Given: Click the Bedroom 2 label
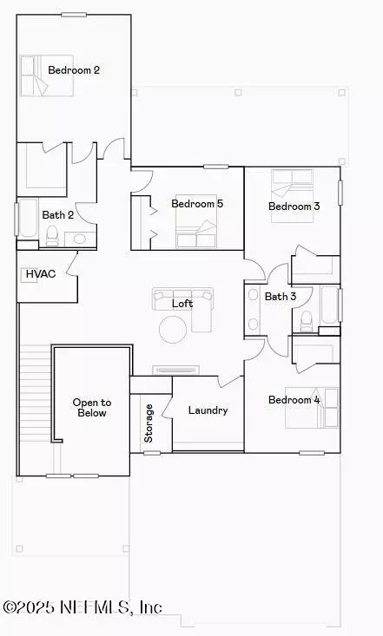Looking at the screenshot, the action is pos(74,69).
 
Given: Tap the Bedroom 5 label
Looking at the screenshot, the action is pos(197,203).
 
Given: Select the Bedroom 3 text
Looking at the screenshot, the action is pos(294,206).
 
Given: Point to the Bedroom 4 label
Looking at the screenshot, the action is pos(294,400).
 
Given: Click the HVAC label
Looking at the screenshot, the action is pos(41,274).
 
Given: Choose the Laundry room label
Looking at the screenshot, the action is pos(208,410).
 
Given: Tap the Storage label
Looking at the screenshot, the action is pos(149,423).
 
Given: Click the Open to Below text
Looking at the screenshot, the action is pos(92,408).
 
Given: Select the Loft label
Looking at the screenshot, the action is pos(182,304).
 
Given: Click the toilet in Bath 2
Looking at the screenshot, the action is pos(52,236).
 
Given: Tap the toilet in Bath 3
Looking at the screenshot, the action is pos(306,321).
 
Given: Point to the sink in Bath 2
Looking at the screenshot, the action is pos(80,239).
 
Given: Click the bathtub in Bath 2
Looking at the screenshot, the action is pos(28,219).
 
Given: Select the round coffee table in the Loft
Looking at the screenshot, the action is pos(173,330).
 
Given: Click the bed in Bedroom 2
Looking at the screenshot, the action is pos(46,75).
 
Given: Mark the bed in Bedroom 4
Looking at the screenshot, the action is pos(312,408).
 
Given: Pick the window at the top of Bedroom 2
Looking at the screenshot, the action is pos(74,15).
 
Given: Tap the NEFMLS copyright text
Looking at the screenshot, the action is pos(83,607).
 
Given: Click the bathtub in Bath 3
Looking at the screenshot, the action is pos(329,305).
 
